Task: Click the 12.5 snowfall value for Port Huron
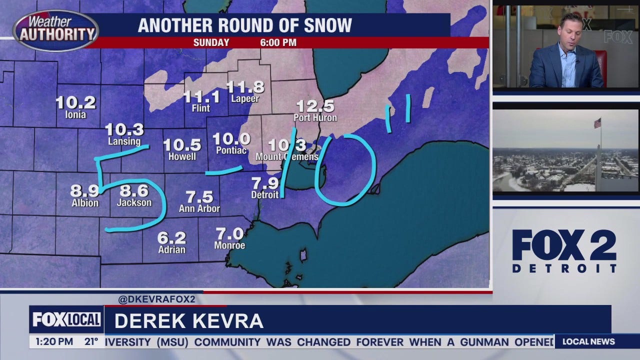click(x=315, y=106)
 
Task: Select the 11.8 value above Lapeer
click(x=245, y=87)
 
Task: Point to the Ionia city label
click(x=75, y=114)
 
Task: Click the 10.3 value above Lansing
click(x=124, y=130)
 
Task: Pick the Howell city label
click(x=182, y=156)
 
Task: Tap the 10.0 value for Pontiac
click(x=231, y=139)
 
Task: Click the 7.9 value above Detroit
click(x=265, y=183)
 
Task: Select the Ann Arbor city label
click(x=199, y=208)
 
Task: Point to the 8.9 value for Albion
click(x=84, y=191)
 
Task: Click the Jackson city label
click(x=134, y=202)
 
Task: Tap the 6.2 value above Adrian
click(x=171, y=237)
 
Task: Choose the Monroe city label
click(x=229, y=245)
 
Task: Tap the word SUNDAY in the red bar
click(x=211, y=42)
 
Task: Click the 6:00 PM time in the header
click(x=278, y=42)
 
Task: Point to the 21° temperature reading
click(x=91, y=342)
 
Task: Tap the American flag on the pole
click(x=597, y=123)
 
